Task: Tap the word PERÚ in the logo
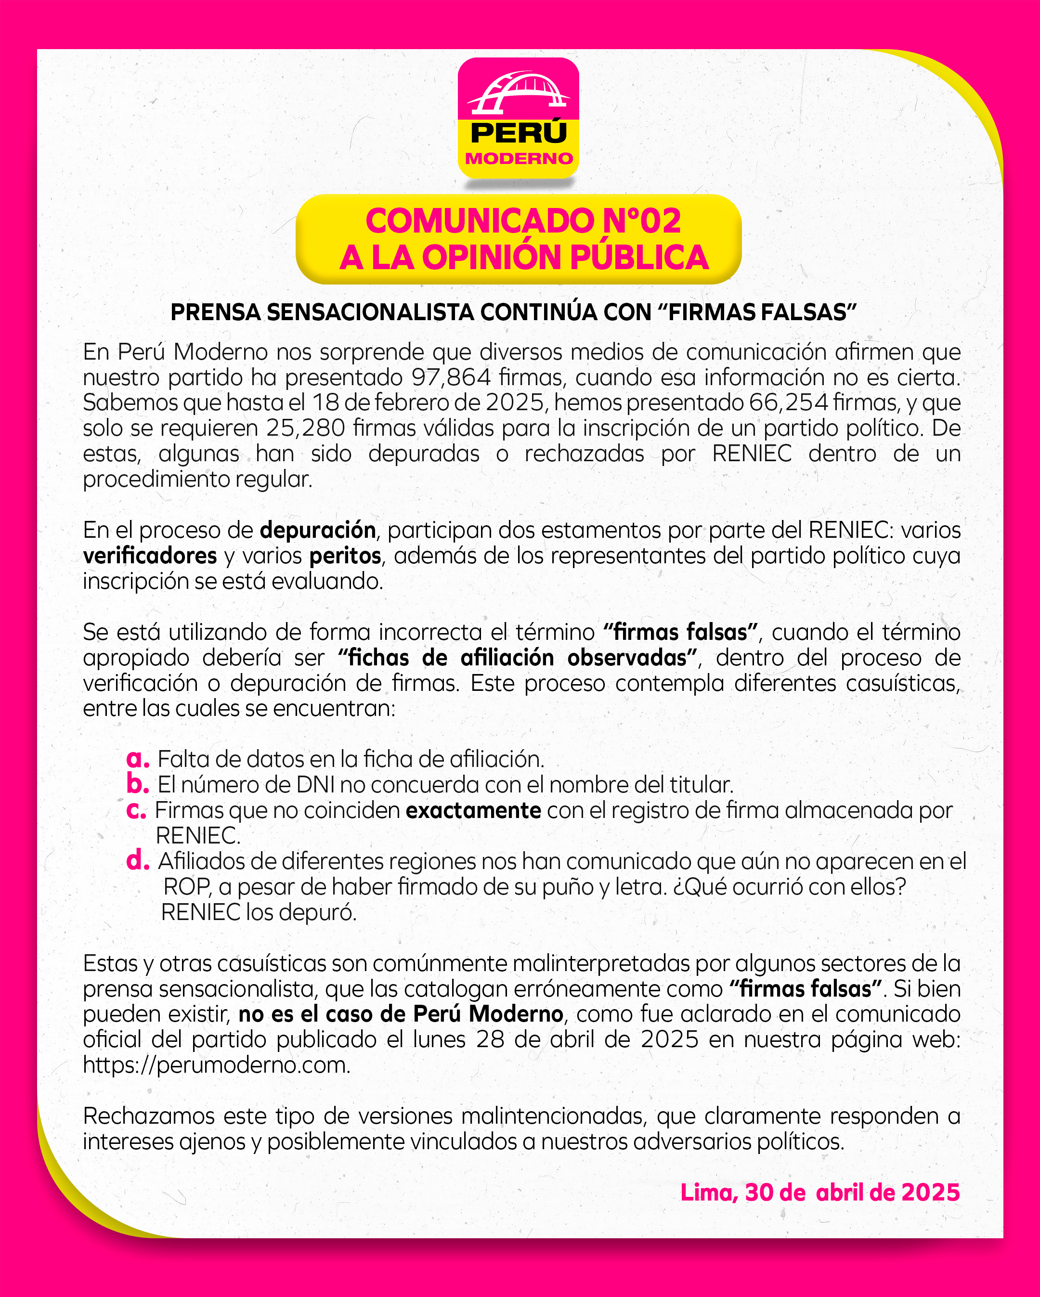pyautogui.click(x=519, y=133)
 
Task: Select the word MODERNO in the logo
pyautogui.click(x=519, y=159)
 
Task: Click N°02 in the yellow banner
pyautogui.click(x=641, y=221)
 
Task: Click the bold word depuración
pyautogui.click(x=318, y=530)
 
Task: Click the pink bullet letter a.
pyautogui.click(x=138, y=759)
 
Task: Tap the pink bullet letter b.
pyautogui.click(x=138, y=784)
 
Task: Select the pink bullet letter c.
pyautogui.click(x=137, y=810)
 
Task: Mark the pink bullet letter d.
pyautogui.click(x=138, y=860)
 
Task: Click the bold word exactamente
pyautogui.click(x=473, y=810)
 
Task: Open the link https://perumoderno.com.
pyautogui.click(x=217, y=1065)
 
